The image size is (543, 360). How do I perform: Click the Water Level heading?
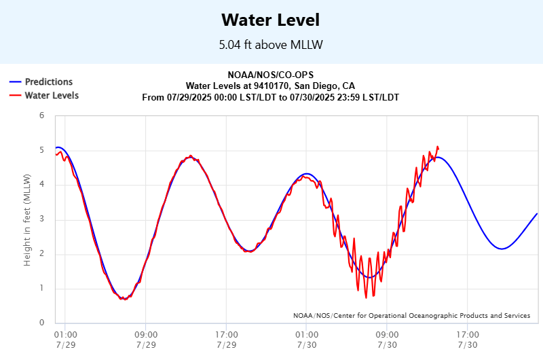coord(271,20)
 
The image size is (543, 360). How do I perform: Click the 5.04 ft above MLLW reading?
coord(271,45)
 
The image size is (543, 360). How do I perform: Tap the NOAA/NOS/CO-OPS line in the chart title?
coord(271,75)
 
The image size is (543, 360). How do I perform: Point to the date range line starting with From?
coord(271,98)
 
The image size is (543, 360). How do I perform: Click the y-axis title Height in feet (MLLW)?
coord(28,219)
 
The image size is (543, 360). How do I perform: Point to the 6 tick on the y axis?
coord(41,115)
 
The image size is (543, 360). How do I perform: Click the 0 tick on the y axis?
coord(41,323)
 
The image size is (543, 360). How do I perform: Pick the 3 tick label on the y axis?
coord(41,219)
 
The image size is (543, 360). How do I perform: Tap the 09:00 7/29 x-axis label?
coord(146,340)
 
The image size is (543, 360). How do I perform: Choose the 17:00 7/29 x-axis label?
coord(226,340)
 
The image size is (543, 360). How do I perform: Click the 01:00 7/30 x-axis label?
coord(307,340)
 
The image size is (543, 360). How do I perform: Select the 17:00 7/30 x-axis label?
coord(468,340)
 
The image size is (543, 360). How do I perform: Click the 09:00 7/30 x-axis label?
coord(387,340)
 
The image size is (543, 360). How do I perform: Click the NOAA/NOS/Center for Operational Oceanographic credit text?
coord(412,316)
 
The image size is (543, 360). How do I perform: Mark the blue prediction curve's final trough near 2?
coord(502,249)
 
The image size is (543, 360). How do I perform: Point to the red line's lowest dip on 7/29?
coord(123,299)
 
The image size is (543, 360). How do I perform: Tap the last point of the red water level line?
coord(438,148)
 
